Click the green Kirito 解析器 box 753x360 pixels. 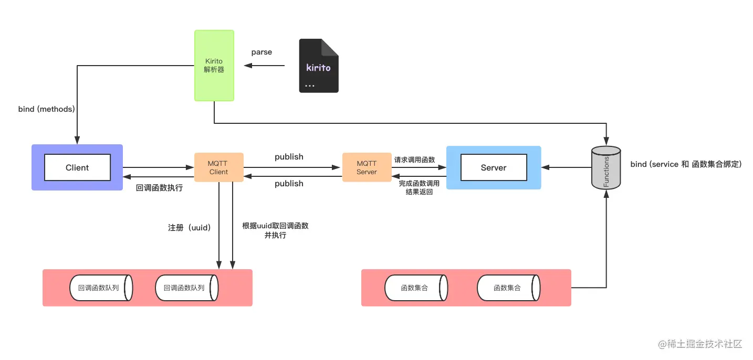click(x=214, y=66)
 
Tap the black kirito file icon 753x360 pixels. click(x=319, y=66)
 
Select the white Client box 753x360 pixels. click(x=77, y=167)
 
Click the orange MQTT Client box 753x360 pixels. click(x=219, y=167)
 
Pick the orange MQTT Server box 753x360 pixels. click(x=367, y=167)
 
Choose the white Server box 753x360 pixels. click(x=494, y=167)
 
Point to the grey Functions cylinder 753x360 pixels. click(x=606, y=167)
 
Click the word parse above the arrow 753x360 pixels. click(x=262, y=52)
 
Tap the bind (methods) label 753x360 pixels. click(x=46, y=109)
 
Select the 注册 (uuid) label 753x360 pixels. click(x=190, y=228)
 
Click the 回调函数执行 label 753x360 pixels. click(x=159, y=188)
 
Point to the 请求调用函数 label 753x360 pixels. click(x=414, y=160)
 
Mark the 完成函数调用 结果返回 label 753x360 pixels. click(x=419, y=188)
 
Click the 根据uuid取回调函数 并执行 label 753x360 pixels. click(x=275, y=230)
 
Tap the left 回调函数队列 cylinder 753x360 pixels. click(x=101, y=288)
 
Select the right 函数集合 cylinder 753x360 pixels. click(x=509, y=288)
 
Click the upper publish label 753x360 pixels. click(x=289, y=157)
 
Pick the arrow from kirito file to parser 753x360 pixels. click(x=264, y=66)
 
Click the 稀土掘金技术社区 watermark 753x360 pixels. click(x=700, y=344)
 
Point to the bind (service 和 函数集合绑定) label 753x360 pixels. click(x=686, y=164)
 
